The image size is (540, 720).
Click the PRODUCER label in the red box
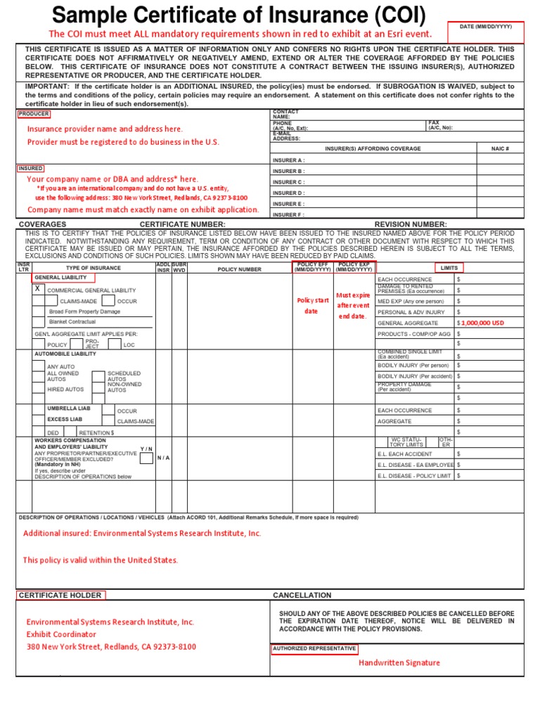[x=34, y=114]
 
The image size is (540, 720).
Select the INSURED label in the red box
[x=31, y=169]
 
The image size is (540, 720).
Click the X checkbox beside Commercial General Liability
[x=38, y=289]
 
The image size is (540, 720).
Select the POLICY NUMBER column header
[x=239, y=269]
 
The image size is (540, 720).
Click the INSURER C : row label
[x=289, y=182]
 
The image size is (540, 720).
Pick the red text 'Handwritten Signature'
[x=399, y=662]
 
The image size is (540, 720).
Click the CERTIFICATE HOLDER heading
[x=60, y=596]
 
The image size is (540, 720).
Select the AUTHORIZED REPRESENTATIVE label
[x=314, y=648]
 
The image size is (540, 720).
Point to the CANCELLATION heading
[x=302, y=596]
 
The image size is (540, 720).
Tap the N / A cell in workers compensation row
[x=163, y=458]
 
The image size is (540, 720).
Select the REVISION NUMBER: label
[x=411, y=224]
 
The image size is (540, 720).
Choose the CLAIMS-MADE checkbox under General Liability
[x=52, y=301]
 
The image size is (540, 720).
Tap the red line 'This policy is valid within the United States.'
[x=101, y=560]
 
